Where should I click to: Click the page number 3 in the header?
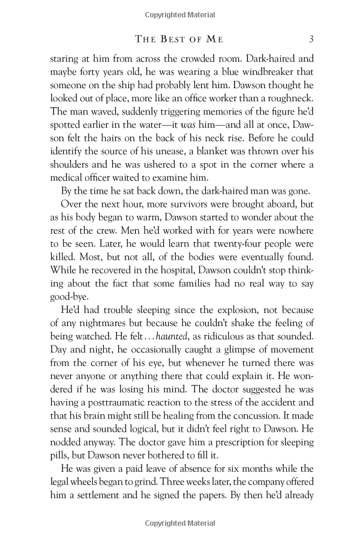click(311, 40)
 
